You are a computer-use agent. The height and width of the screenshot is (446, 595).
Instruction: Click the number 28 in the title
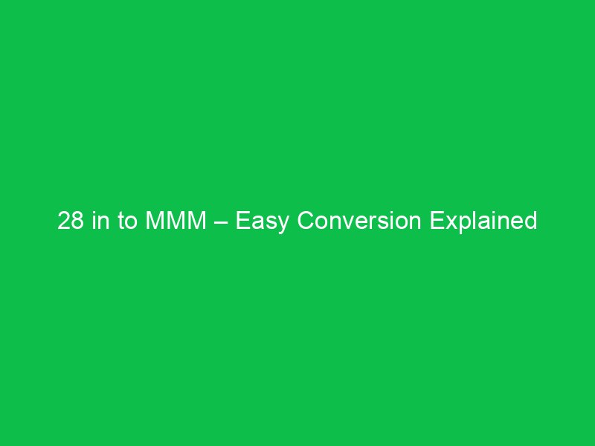71,222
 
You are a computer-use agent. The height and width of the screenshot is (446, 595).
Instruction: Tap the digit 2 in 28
64,222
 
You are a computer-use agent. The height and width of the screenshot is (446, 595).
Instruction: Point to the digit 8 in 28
77,222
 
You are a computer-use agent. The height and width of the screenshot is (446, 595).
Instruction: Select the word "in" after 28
99,222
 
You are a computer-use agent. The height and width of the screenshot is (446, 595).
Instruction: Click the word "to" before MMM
124,222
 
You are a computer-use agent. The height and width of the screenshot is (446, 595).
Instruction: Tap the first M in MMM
149,222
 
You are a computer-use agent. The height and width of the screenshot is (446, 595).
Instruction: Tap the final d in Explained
531,222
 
